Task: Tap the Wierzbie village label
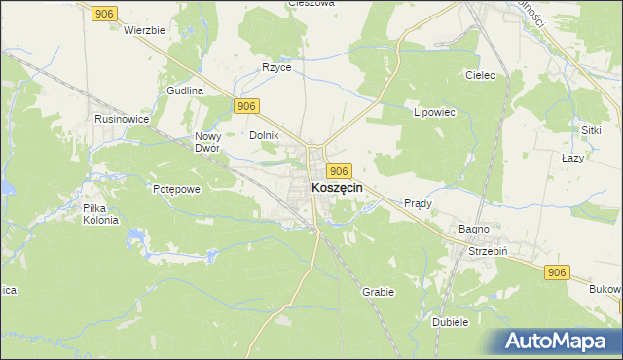(x=145, y=30)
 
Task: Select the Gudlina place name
(x=184, y=90)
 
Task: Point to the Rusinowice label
(x=121, y=118)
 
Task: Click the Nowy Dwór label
(x=209, y=142)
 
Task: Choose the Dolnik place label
(x=265, y=135)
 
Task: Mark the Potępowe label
(x=176, y=189)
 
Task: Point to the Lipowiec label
(x=435, y=112)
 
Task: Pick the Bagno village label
(x=474, y=229)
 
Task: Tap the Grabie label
(x=378, y=291)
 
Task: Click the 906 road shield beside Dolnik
(x=246, y=106)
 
